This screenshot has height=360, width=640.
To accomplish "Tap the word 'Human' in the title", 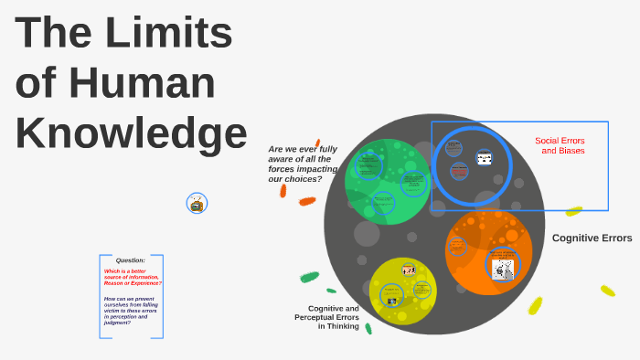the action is click(x=143, y=82).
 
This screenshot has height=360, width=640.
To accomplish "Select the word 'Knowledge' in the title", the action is click(x=131, y=132).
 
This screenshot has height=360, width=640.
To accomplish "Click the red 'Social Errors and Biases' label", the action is click(x=560, y=145).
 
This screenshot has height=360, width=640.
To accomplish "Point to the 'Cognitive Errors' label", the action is click(x=592, y=238).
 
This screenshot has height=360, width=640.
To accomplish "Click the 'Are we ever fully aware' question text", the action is click(x=303, y=164).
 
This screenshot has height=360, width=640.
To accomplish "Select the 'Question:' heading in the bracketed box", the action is click(x=130, y=260).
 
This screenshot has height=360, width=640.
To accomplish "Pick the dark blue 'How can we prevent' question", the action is click(x=131, y=311).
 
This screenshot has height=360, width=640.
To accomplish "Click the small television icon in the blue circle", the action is click(x=197, y=204).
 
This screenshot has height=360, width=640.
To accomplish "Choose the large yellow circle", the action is click(x=402, y=291).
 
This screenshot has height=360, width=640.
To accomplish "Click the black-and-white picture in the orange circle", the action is click(x=502, y=269).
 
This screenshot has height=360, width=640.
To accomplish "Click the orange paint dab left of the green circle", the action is click(x=307, y=201).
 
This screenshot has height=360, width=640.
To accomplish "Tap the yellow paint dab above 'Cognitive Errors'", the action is click(x=573, y=211).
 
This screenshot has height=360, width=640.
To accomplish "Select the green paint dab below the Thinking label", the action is click(x=368, y=328).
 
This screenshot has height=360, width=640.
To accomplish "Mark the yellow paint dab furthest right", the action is click(x=607, y=291).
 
